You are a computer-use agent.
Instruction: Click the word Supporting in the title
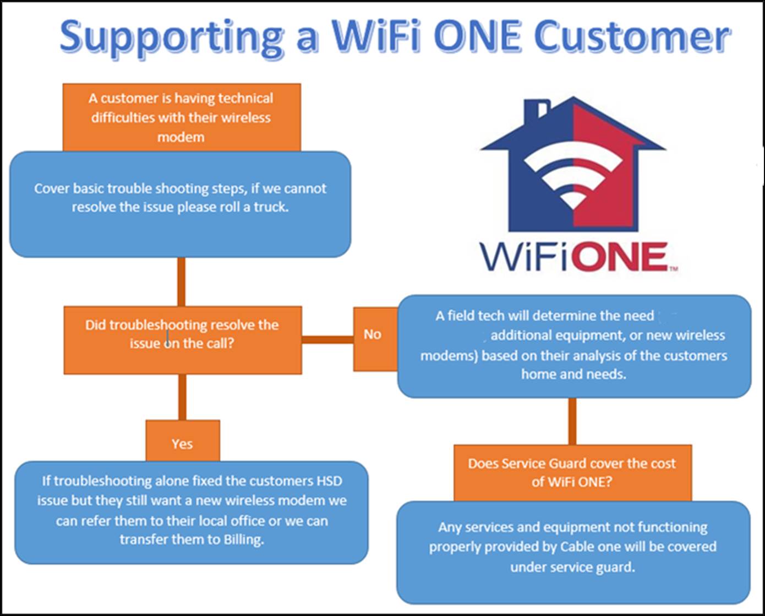[171, 37]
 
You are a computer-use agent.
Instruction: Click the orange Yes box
[183, 441]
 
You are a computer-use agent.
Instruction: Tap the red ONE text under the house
[621, 257]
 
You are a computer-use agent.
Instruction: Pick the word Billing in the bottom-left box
[243, 539]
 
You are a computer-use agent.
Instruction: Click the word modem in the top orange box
[181, 137]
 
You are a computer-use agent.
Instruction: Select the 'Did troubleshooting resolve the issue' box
[183, 340]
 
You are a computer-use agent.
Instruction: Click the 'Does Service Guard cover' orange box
[573, 473]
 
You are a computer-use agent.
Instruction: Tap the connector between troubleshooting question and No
[327, 340]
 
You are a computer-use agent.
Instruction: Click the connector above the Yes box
[182, 397]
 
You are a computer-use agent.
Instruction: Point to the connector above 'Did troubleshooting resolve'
[181, 282]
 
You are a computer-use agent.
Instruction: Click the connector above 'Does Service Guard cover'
[572, 421]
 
